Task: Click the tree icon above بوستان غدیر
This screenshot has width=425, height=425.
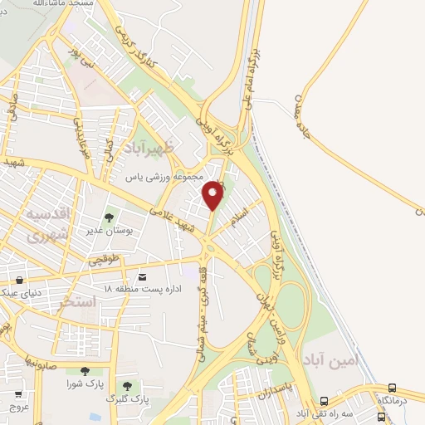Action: [x=110, y=217]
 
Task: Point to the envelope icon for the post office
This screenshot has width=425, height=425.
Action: [x=142, y=276]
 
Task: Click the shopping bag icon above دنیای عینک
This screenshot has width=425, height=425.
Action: [x=18, y=280]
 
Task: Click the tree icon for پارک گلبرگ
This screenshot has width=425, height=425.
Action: [x=127, y=386]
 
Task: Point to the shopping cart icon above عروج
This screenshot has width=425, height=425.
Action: [x=17, y=394]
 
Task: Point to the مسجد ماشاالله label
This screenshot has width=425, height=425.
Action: [x=63, y=3]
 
